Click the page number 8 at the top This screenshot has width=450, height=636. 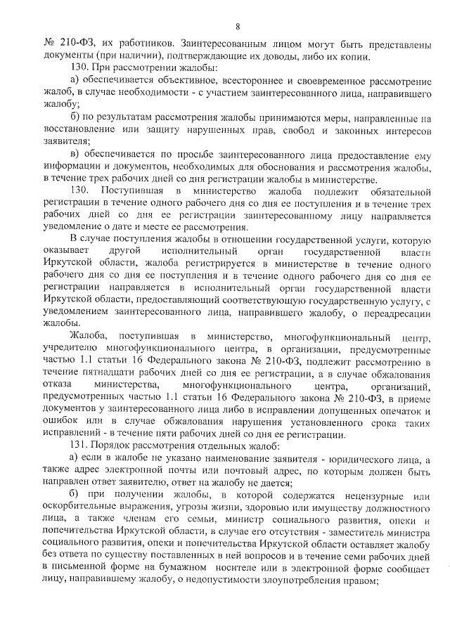238,27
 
